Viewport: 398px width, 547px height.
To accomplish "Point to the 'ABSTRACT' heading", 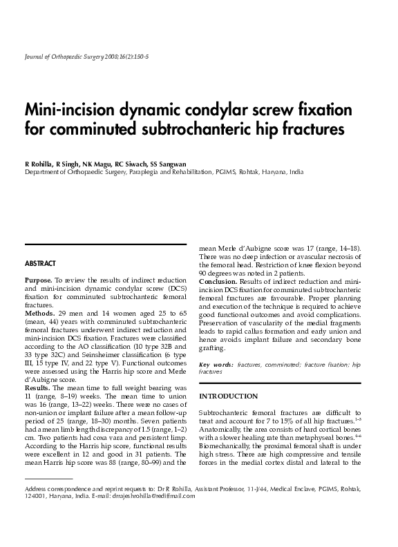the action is pos(40,264).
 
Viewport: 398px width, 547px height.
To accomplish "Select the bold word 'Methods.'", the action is pos(39,313).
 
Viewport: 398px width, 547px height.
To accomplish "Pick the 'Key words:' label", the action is pos(215,364).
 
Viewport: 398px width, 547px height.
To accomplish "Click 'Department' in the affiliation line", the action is pos(41,171).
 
